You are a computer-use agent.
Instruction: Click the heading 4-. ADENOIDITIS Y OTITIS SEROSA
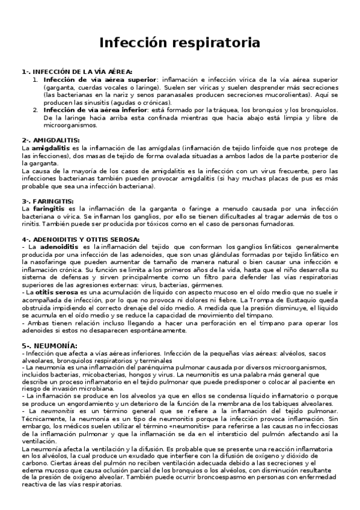pyautogui.click(x=80, y=239)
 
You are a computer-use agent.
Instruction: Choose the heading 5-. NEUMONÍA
pyautogui.click(x=41, y=346)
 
